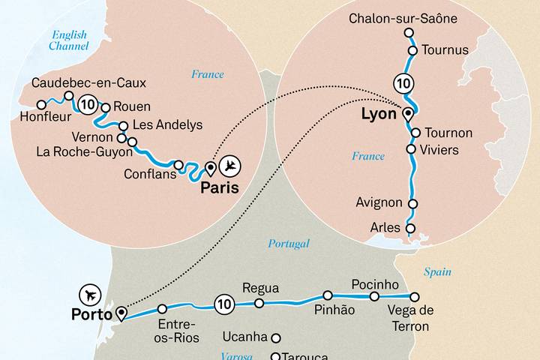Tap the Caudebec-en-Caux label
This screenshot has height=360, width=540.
89,82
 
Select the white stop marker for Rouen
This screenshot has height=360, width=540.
106,106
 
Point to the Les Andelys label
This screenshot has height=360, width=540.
166,124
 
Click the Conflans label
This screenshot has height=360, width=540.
151,175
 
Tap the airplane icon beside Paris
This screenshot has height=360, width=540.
234,163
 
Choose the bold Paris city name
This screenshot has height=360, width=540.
219,188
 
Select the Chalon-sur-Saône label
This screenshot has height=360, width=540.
403,18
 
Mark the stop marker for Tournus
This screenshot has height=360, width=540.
412,50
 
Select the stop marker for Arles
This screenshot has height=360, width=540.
409,228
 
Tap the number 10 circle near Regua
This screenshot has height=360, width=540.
223,304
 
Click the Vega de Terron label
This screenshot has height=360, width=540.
409,319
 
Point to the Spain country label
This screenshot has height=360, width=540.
437,272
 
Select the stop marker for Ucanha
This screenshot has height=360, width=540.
276,337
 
